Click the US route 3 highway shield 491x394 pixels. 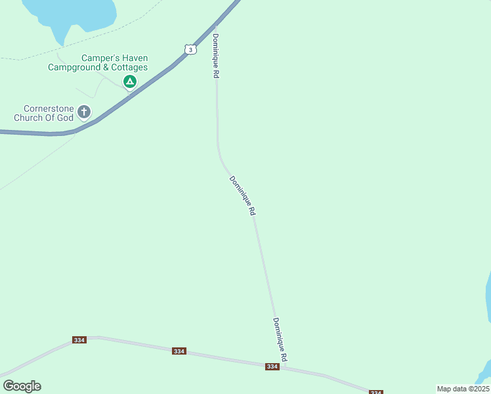190,49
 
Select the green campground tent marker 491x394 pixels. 129,81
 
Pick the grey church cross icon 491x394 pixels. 83,112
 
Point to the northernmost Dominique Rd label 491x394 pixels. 215,56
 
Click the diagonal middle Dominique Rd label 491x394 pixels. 242,196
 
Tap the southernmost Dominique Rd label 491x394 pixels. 280,339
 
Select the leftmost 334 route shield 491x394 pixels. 79,339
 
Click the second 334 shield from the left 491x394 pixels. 179,351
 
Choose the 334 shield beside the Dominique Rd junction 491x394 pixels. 272,366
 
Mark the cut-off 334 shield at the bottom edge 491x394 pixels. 375,392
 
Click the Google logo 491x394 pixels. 22,385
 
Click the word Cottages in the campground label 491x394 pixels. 129,67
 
